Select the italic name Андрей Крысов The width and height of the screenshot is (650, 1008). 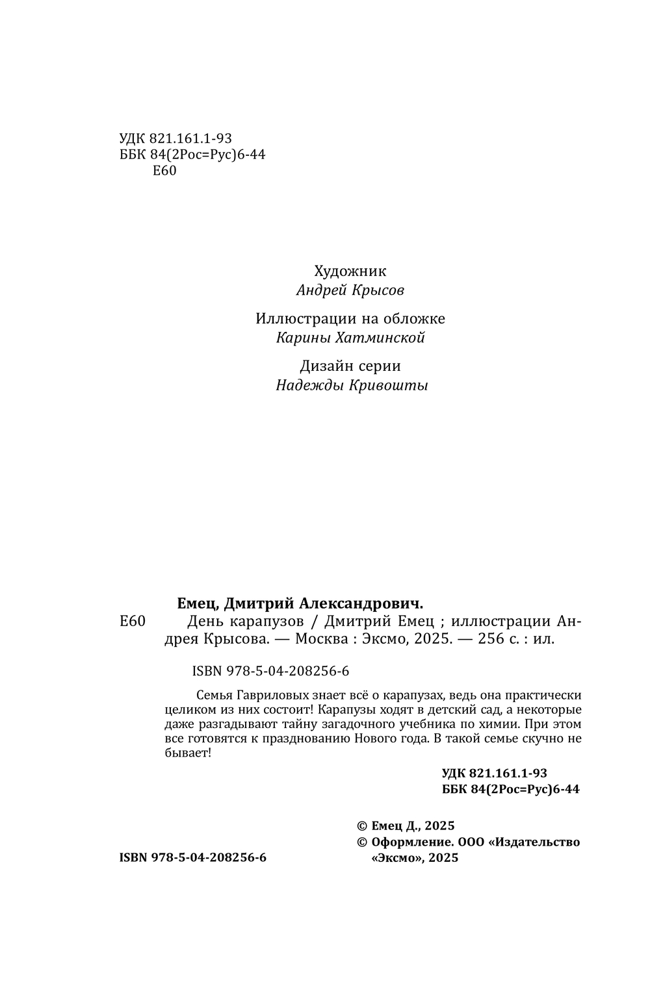[x=350, y=290]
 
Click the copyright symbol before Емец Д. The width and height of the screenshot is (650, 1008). [x=362, y=826]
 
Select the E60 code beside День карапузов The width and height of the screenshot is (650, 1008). [x=133, y=622]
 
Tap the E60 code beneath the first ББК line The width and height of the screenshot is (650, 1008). [x=164, y=171]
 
